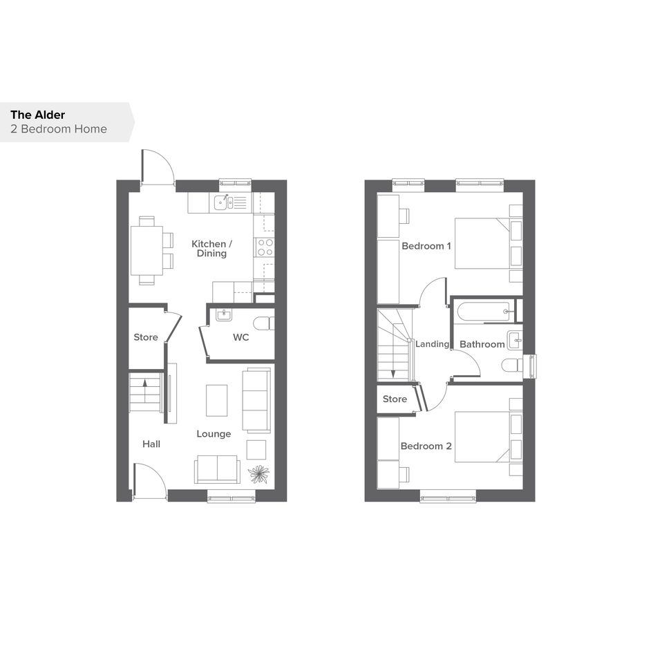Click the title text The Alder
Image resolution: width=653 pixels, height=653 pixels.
coord(38,115)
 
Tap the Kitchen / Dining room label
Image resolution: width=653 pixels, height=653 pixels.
coord(211,249)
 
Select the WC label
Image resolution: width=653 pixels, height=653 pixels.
coord(240,337)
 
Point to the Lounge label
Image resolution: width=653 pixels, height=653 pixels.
coord(214,434)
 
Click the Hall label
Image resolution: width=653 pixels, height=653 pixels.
coord(151,444)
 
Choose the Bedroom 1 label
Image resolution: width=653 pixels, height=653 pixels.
coord(426,246)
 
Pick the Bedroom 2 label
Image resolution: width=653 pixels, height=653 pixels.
coord(426,446)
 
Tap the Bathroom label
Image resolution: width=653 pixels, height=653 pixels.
coord(482,344)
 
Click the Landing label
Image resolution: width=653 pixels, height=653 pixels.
coord(433,344)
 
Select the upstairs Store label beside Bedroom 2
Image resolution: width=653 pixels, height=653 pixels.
coord(395,399)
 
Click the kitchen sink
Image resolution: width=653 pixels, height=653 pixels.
coord(224,202)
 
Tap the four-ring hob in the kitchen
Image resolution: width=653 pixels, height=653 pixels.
coord(265,247)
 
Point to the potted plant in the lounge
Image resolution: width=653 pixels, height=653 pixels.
coord(258,474)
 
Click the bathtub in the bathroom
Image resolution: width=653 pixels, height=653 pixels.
coord(484,312)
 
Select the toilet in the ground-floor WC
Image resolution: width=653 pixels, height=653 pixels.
coord(263,323)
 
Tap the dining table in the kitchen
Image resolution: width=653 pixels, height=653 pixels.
coord(146,250)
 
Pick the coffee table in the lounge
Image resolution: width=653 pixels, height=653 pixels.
coord(216,400)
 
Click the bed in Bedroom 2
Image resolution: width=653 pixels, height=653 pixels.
coord(488,437)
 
